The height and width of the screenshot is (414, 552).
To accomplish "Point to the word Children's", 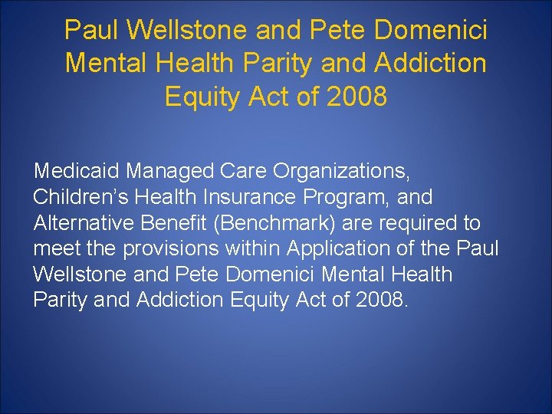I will pos(80,197).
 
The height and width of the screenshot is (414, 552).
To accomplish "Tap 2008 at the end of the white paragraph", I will pos(379,299).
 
